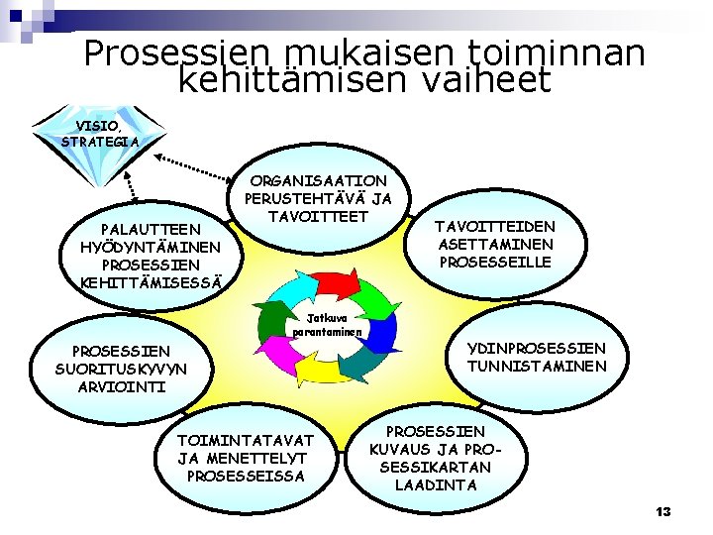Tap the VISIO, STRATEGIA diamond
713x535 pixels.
[98, 134]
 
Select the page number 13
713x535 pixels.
[662, 511]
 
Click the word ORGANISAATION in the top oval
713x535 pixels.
[319, 181]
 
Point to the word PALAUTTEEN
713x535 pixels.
[145, 229]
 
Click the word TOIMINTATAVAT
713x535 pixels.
[245, 439]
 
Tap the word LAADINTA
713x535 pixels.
[435, 484]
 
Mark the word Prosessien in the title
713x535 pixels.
[179, 53]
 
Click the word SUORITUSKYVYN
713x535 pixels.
[121, 369]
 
